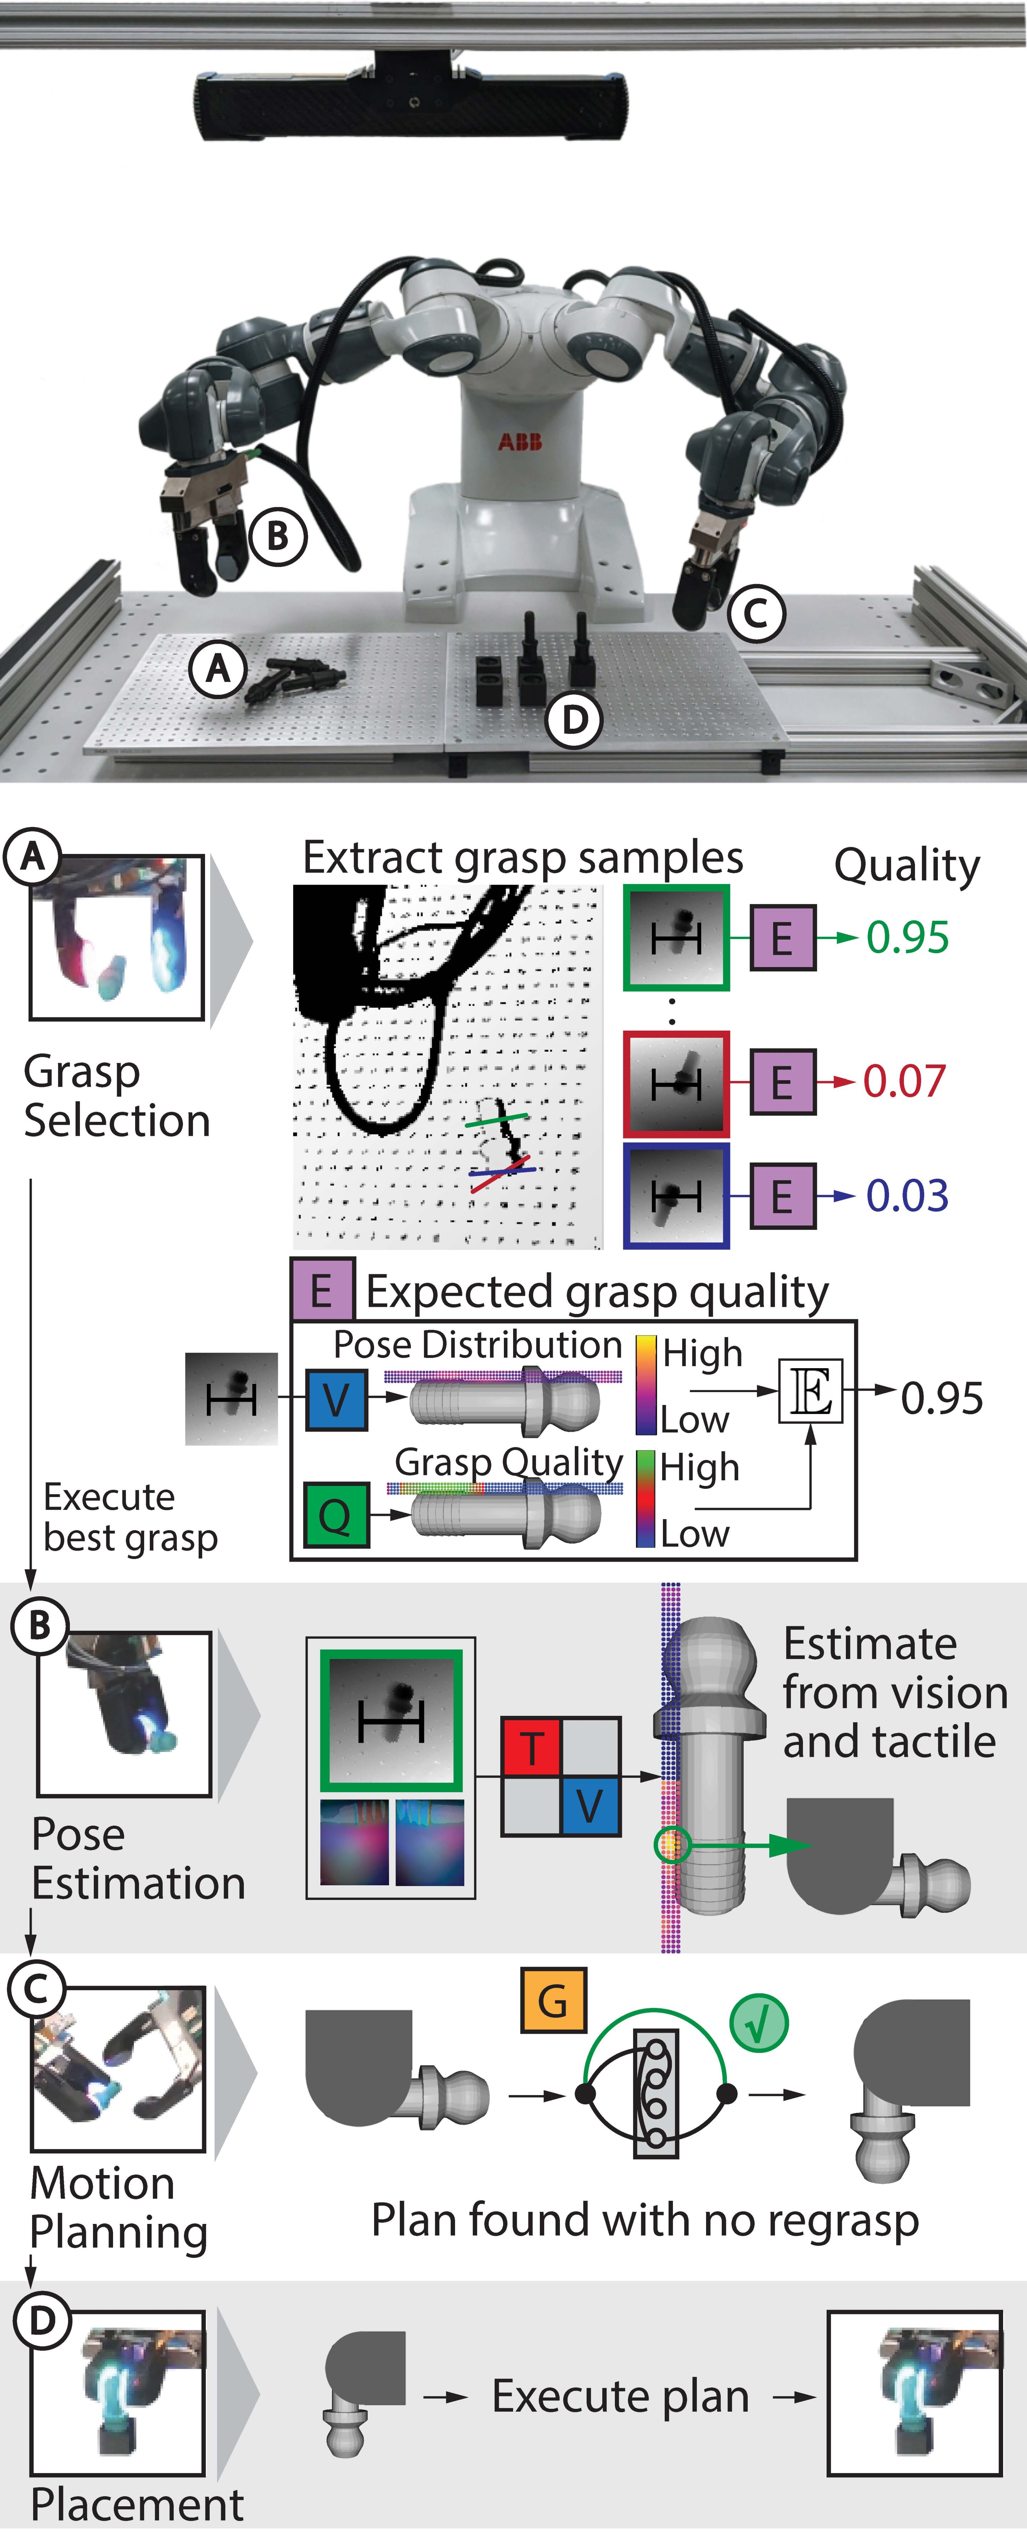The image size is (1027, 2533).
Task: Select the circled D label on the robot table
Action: pyautogui.click(x=574, y=720)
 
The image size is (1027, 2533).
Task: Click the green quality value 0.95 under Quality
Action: pyautogui.click(x=907, y=937)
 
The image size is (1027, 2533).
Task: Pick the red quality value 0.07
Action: pyautogui.click(x=904, y=1081)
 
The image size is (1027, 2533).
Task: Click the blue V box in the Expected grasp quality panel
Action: pyautogui.click(x=336, y=1399)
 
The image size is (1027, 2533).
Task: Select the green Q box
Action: pyautogui.click(x=336, y=1515)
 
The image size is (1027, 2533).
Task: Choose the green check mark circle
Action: pyautogui.click(x=759, y=2023)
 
